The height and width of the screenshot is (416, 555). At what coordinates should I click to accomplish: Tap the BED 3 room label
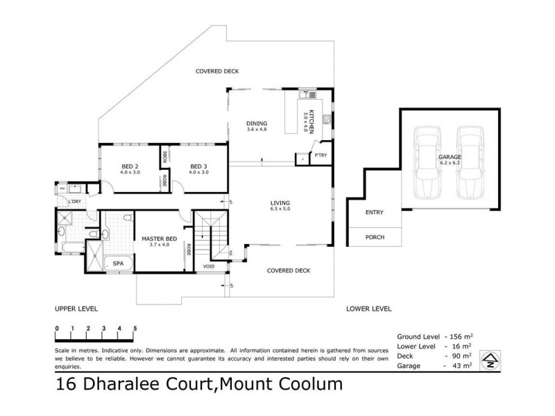point(199,166)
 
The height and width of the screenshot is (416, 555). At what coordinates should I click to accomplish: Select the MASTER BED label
point(159,239)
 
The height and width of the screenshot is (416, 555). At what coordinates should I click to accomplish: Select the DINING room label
point(257,125)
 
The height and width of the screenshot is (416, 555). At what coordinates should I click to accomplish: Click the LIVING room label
point(280,203)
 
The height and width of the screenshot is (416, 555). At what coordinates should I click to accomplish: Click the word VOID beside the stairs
point(209,266)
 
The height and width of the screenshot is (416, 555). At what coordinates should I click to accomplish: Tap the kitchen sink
point(307,95)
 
